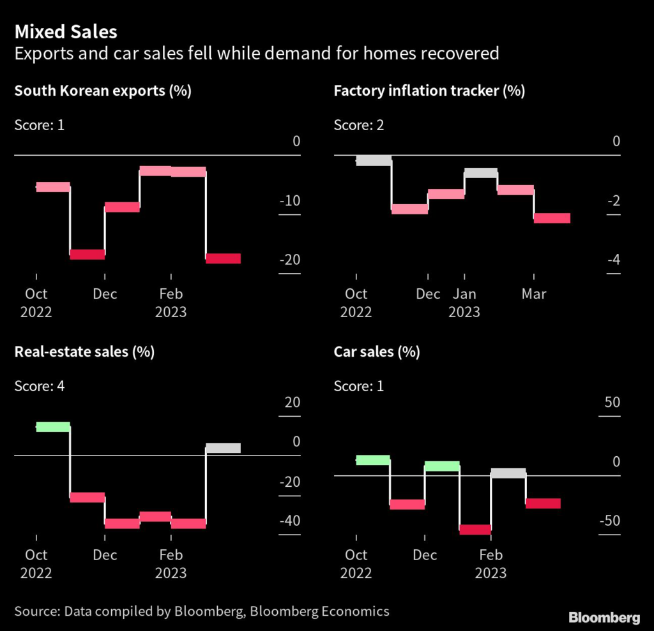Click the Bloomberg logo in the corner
(x=604, y=617)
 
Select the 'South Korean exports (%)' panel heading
(x=103, y=91)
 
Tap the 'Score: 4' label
(x=39, y=385)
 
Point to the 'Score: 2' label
(x=358, y=124)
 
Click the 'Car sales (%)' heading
(x=377, y=352)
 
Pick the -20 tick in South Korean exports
(x=289, y=260)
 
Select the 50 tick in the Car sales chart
(x=612, y=403)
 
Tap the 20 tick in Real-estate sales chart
(x=292, y=403)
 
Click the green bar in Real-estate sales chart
(x=53, y=427)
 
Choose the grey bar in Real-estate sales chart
(x=223, y=448)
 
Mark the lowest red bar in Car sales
(x=475, y=530)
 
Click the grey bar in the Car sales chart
(x=508, y=473)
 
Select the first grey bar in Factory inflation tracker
(x=374, y=161)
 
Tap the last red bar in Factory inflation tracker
(x=552, y=218)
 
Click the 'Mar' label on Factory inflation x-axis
(x=534, y=294)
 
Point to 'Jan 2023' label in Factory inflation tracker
(x=464, y=303)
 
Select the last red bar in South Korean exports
(x=223, y=258)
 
